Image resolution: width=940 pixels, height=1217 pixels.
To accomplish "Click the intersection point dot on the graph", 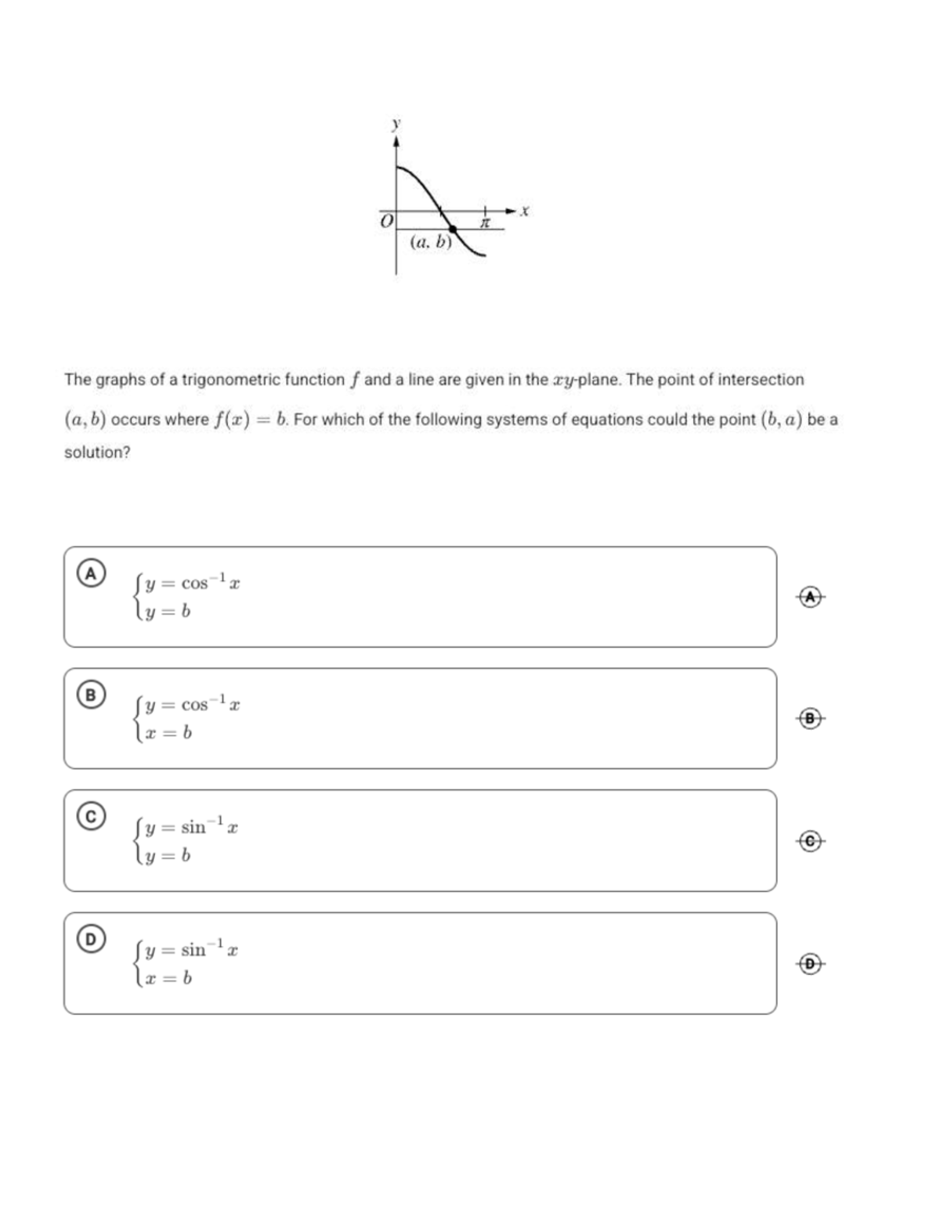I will [453, 229].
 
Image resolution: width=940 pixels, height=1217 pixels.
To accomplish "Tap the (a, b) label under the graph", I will [431, 242].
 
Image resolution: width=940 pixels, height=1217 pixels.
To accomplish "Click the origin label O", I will [385, 222].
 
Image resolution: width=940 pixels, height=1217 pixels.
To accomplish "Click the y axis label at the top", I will [396, 124].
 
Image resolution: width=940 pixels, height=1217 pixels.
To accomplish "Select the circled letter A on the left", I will [92, 573].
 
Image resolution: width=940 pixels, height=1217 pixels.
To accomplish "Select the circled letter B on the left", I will [92, 695].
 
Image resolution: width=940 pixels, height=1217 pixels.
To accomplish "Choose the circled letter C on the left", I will [92, 817].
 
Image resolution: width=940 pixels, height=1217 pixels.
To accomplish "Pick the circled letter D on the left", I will [92, 939].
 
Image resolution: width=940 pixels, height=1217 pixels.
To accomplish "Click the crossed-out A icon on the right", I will [812, 597].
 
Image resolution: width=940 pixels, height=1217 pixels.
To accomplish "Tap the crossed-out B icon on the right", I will [812, 718].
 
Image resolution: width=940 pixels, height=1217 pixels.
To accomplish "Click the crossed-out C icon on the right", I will [812, 840].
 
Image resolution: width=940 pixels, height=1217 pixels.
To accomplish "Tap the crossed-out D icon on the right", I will [812, 963].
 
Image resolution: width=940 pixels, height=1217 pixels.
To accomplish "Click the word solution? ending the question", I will [97, 453].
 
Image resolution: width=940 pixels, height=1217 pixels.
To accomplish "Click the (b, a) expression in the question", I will [781, 419].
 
